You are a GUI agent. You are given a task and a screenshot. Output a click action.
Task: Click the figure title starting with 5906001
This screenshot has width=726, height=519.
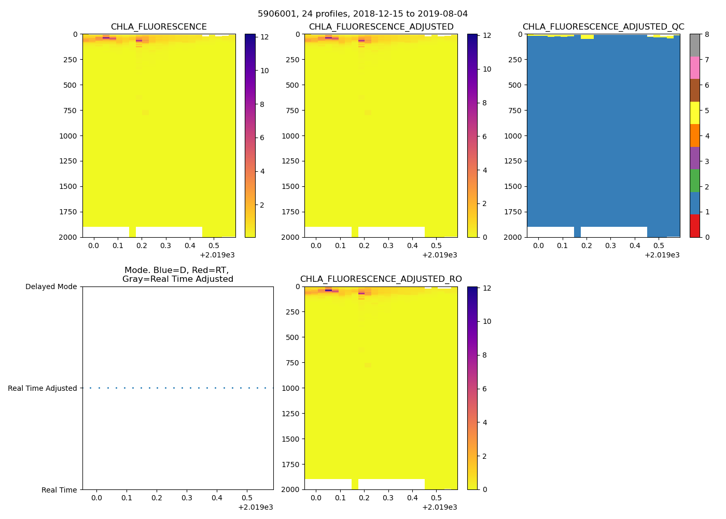point(362,14)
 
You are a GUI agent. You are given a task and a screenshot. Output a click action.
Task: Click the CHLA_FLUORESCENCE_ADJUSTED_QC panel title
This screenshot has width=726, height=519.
point(603,27)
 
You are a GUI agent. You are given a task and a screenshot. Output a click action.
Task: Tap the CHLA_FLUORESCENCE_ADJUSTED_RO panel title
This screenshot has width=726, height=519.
point(381,279)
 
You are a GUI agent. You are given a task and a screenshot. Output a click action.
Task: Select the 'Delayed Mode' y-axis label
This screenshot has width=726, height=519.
point(51,286)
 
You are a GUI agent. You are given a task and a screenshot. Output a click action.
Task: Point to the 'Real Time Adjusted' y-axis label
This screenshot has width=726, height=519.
point(42,388)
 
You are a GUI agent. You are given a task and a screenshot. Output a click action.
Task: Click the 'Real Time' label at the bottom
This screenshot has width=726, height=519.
point(59,490)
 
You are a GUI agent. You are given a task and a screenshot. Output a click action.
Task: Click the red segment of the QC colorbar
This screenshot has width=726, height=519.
point(694,226)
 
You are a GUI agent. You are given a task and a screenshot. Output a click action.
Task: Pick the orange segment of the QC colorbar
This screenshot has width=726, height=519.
point(694,135)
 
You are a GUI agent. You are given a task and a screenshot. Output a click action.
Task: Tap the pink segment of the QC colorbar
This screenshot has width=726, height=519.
point(694,68)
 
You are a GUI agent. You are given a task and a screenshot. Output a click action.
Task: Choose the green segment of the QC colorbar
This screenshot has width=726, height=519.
point(694,181)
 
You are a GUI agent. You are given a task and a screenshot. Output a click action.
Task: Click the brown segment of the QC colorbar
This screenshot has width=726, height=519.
point(694,90)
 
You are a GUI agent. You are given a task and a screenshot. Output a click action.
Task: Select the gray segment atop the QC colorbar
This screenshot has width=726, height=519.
point(694,45)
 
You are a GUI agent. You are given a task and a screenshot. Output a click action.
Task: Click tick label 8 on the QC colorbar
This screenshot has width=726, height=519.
point(707,35)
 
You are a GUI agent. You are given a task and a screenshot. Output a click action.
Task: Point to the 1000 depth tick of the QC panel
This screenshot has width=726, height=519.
point(513,136)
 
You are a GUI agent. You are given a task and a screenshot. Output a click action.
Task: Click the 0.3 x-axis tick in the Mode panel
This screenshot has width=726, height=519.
point(187,498)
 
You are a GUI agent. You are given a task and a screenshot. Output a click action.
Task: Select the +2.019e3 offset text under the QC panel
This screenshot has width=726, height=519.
point(662,255)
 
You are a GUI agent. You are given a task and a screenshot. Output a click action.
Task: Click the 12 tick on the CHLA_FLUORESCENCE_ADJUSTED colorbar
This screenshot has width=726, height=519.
point(487,36)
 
